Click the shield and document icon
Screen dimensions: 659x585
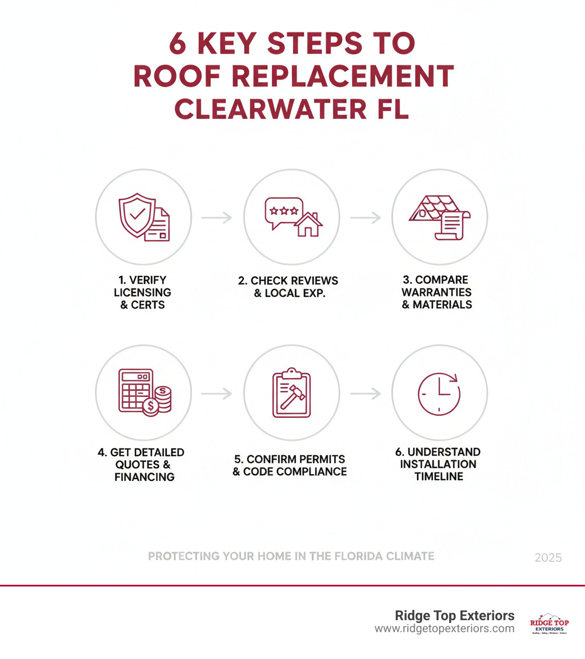click(x=143, y=217)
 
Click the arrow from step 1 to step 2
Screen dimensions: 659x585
click(x=217, y=218)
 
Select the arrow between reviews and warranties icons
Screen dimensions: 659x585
click(x=365, y=218)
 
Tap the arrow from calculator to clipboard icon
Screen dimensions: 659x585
click(x=217, y=393)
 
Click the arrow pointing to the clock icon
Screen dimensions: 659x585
click(x=365, y=393)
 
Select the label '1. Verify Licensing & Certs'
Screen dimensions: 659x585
click(x=142, y=292)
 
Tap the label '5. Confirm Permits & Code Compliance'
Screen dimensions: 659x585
click(x=290, y=465)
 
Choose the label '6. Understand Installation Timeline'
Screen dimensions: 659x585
click(x=439, y=464)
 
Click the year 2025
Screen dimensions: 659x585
click(x=548, y=557)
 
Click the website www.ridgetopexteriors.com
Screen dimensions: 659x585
click(x=444, y=629)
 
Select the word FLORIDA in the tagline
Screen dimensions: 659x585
click(x=344, y=556)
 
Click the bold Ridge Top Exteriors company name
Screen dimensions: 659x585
click(x=455, y=616)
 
